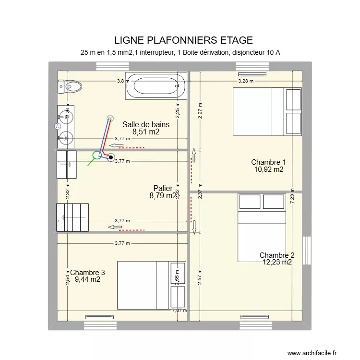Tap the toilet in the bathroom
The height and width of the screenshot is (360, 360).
[x=70, y=86]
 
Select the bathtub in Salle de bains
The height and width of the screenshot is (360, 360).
[x=156, y=86]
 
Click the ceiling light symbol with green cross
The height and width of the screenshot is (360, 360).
[x=110, y=118]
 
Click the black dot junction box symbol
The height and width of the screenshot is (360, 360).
[x=111, y=156]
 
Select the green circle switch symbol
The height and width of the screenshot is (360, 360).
[x=97, y=155]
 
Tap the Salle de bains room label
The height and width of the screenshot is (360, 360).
[x=146, y=128]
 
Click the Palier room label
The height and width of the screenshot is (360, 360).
[x=163, y=192]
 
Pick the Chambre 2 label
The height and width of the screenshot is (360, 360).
[x=277, y=259]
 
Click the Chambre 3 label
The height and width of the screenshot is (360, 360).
[x=87, y=276]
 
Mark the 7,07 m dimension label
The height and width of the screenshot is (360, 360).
[x=180, y=311]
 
